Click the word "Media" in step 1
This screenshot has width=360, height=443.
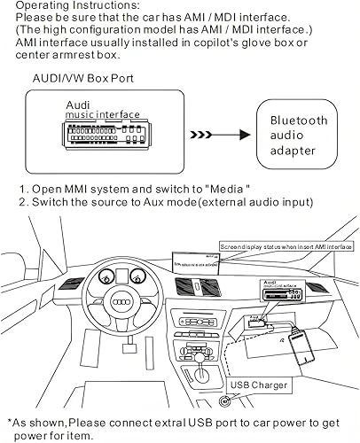point(230,188)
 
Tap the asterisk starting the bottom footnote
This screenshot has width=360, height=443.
point(10,423)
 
